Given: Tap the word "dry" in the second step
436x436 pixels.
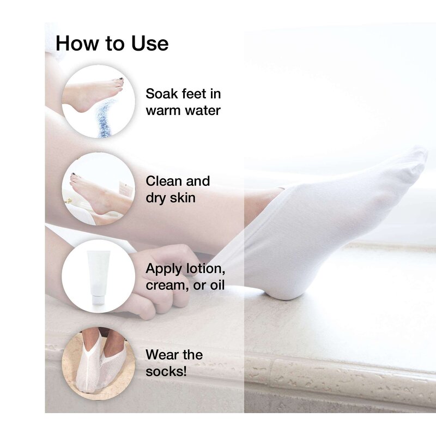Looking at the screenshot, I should pyautogui.click(x=155, y=198).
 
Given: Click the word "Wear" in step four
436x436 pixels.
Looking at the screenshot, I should pyautogui.click(x=162, y=355).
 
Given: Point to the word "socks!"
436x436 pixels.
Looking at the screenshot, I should pyautogui.click(x=166, y=372).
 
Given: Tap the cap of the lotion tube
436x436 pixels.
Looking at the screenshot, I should pyautogui.click(x=98, y=299).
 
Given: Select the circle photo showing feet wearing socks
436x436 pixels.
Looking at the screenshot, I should pyautogui.click(x=98, y=362).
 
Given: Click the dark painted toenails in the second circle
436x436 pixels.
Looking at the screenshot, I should pyautogui.click(x=74, y=176).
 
